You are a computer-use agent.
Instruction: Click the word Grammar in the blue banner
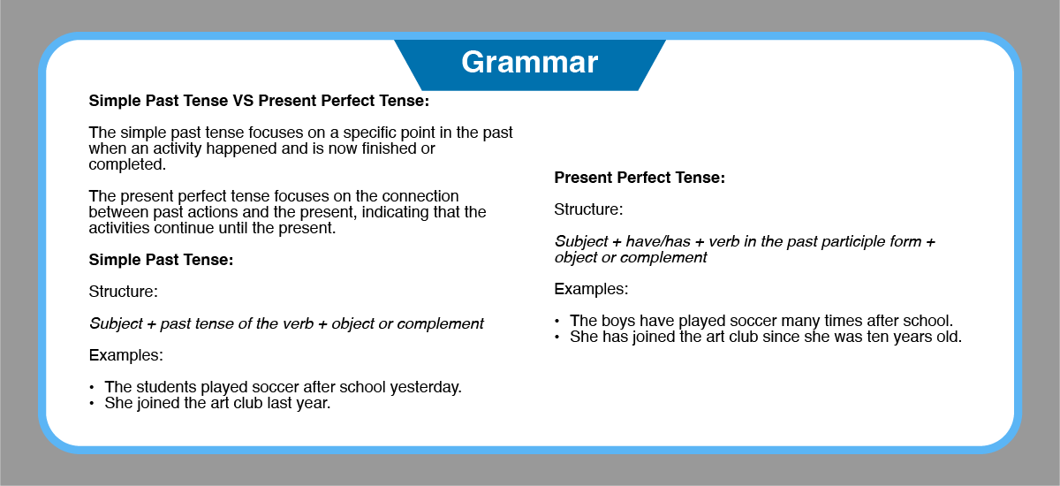coord(529,63)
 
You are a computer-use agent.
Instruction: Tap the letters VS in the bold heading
coord(243,101)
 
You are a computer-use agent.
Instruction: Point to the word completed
coord(127,164)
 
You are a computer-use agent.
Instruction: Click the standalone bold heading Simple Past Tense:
coord(161,260)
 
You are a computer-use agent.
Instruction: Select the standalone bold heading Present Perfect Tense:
coord(640,178)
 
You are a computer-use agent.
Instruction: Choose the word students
coord(166,387)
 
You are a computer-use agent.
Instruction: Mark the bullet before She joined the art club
coord(92,404)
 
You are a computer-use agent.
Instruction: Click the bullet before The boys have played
coord(557,322)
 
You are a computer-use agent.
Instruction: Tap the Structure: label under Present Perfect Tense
coord(588,209)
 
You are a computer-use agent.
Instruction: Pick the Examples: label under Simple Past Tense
coord(125,355)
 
